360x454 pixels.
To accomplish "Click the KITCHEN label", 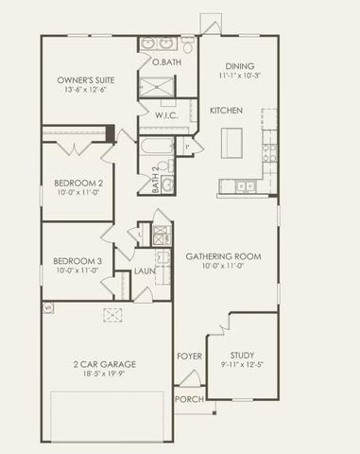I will point(227,111).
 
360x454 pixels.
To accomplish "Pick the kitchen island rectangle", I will point(231,143).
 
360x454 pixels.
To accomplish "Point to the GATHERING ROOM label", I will point(223,256).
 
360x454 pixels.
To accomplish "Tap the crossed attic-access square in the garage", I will point(112,315).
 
